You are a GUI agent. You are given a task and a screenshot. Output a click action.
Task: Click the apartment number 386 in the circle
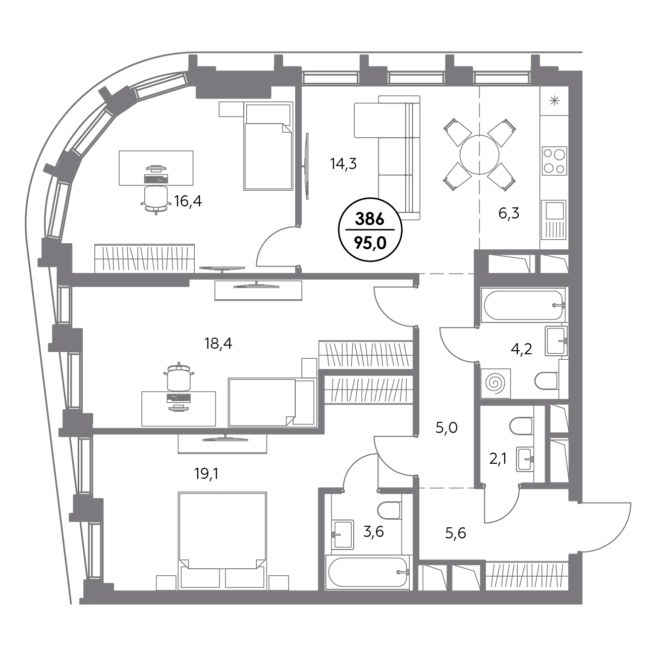pyautogui.click(x=370, y=219)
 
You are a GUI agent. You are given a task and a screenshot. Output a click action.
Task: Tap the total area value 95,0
pyautogui.click(x=370, y=243)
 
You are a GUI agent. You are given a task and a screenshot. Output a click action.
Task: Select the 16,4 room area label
pyautogui.click(x=188, y=201)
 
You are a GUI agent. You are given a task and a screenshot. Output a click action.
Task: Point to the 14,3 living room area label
pyautogui.click(x=343, y=163)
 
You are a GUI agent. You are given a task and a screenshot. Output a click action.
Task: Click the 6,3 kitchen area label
pyautogui.click(x=509, y=213)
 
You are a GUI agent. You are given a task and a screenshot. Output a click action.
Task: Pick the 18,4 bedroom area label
pyautogui.click(x=218, y=344)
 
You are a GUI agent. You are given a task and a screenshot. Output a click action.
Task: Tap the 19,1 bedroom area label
pyautogui.click(x=206, y=473)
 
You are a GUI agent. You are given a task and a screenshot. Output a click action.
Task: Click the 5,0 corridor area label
pyautogui.click(x=446, y=427)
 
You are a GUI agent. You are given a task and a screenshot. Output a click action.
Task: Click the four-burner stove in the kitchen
pyautogui.click(x=554, y=160)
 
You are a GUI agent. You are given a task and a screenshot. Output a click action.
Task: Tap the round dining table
pyautogui.click(x=479, y=155)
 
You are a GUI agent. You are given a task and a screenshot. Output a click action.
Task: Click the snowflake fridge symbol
pyautogui.click(x=555, y=101)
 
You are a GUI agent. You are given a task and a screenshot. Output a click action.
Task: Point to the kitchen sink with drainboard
pyautogui.click(x=554, y=220)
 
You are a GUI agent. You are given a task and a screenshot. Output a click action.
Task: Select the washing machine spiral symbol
pyautogui.click(x=496, y=384)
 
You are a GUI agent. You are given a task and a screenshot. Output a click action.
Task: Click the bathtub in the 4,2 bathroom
pyautogui.click(x=523, y=305)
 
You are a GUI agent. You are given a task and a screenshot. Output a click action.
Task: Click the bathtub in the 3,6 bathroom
pyautogui.click(x=368, y=572)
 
